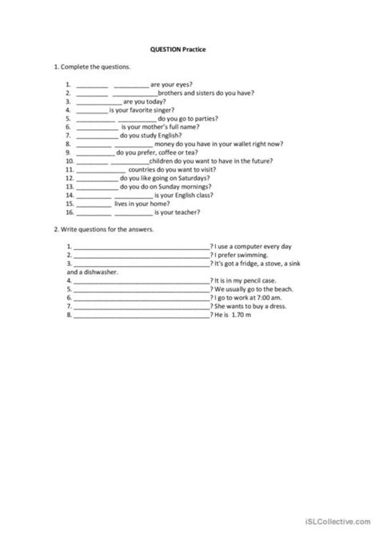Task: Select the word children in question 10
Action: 162,160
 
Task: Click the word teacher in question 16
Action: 186,212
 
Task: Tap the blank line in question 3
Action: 98,102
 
